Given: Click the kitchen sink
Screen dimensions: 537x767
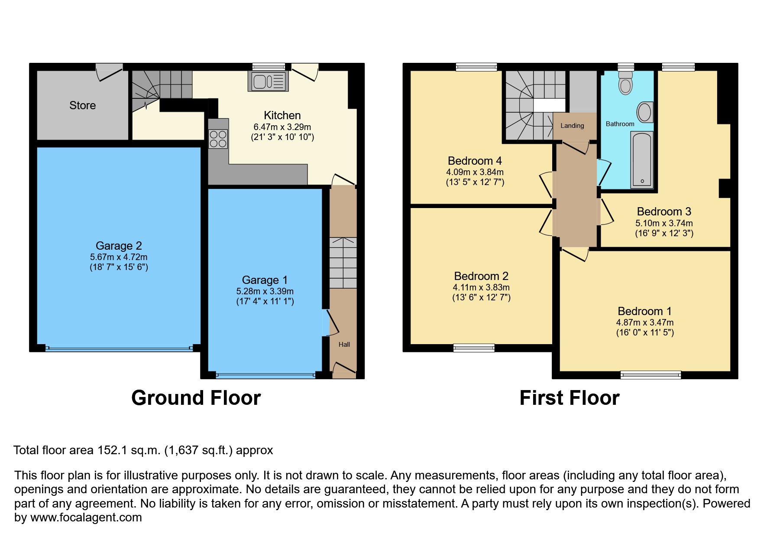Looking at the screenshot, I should click(268, 81).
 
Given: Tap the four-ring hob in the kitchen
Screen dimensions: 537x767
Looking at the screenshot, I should click(218, 139).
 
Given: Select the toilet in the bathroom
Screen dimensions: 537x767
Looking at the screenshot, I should click(625, 83).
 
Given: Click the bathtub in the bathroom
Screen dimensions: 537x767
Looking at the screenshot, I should click(641, 160).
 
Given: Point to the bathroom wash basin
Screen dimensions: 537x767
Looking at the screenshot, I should click(645, 113).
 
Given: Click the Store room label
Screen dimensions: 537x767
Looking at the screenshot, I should click(82, 105).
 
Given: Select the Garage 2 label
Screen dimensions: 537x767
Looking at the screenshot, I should click(119, 246).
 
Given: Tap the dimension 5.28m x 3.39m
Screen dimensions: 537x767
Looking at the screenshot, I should click(265, 291).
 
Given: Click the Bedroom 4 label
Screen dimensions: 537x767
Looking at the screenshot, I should click(475, 161).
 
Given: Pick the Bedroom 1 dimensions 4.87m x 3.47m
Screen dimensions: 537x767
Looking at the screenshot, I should click(644, 322).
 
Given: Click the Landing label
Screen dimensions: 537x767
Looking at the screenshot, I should click(572, 126).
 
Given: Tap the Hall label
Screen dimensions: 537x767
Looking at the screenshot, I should click(344, 345).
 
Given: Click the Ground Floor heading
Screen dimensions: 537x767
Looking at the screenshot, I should click(196, 398).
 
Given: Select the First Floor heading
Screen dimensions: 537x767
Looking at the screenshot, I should click(569, 398).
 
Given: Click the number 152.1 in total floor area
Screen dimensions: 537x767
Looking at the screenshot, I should click(112, 450).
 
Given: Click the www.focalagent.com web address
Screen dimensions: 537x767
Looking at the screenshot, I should click(86, 517).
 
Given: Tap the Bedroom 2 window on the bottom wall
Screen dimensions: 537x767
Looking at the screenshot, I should click(474, 347).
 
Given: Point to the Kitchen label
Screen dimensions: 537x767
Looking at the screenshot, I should click(282, 115).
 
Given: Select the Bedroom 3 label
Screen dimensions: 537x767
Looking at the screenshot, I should click(663, 212).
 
